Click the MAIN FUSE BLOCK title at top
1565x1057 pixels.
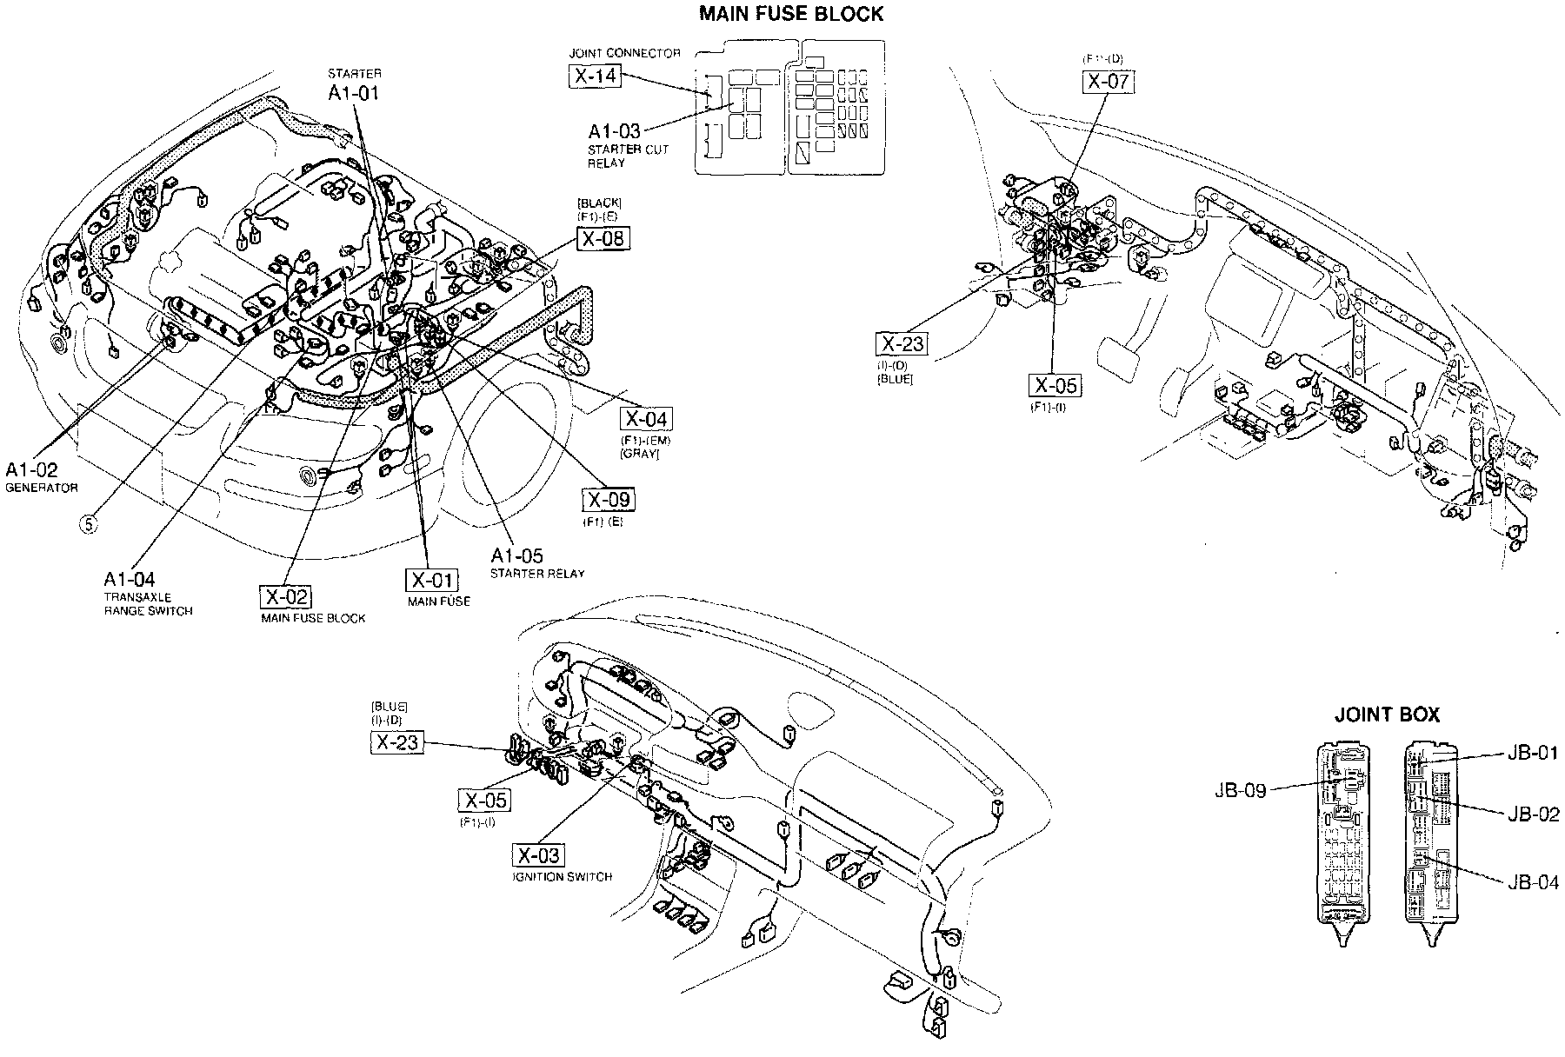click(x=791, y=14)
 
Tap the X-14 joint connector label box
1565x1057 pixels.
click(x=596, y=76)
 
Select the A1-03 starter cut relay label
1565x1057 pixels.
click(x=614, y=132)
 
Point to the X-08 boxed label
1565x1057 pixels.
click(x=603, y=238)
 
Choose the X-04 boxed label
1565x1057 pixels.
click(x=647, y=419)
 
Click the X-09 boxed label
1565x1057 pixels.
click(x=608, y=500)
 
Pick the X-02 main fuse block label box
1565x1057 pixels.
click(x=285, y=597)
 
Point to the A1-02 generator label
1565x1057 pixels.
click(x=32, y=470)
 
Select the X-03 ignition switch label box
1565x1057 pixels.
click(x=539, y=856)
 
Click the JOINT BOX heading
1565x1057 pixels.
click(x=1387, y=715)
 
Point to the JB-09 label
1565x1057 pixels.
click(x=1241, y=791)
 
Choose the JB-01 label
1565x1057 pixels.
click(x=1533, y=753)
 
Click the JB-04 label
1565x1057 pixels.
click(x=1533, y=882)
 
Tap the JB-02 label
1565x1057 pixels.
click(x=1533, y=814)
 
